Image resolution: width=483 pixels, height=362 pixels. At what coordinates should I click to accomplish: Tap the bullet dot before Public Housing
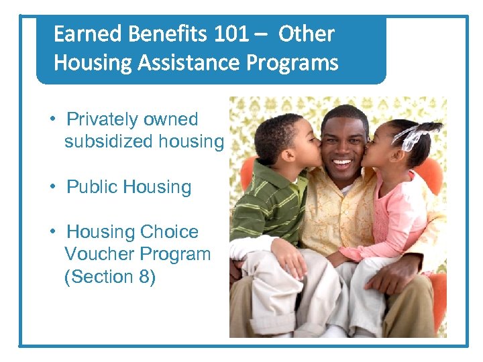coord(52,187)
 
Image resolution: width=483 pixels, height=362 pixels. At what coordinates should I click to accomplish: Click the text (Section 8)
coord(109,276)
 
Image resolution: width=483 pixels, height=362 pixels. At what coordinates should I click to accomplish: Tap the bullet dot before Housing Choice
coord(52,232)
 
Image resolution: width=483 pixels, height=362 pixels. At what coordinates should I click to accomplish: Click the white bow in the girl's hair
coord(411,136)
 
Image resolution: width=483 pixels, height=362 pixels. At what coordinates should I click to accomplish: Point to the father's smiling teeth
coord(342,163)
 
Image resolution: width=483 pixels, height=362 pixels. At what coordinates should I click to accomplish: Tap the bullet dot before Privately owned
coord(52,119)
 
